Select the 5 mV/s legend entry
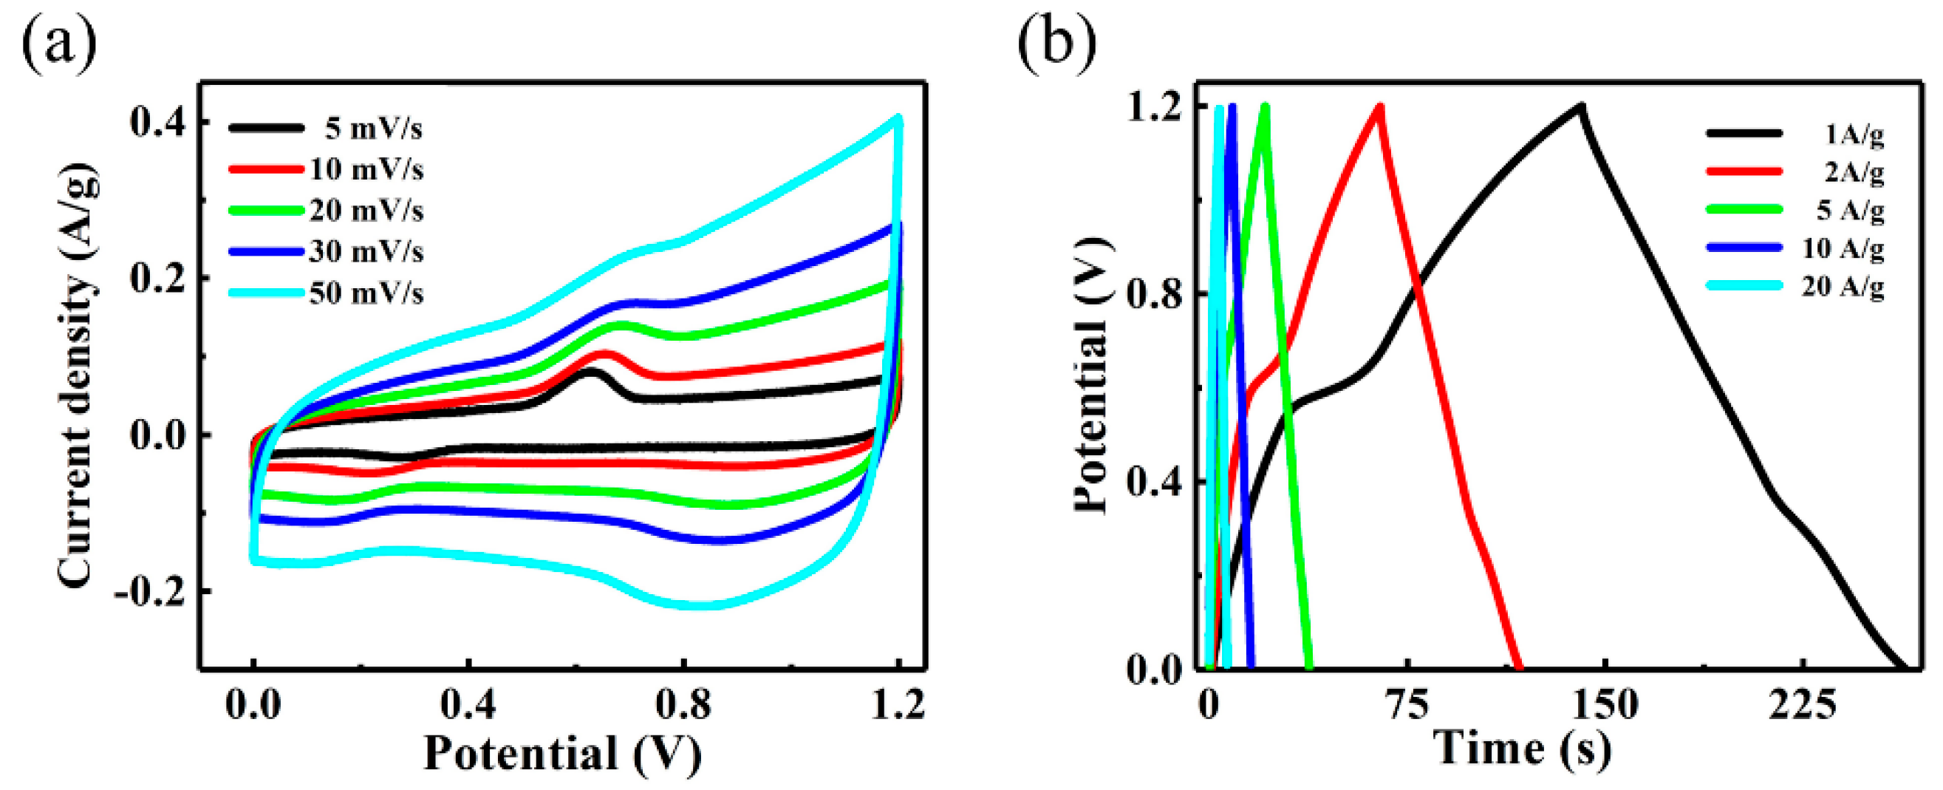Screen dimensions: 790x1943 tap(373, 129)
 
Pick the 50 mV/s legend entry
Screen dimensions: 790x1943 tap(366, 293)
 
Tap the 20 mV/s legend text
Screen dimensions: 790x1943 tap(366, 211)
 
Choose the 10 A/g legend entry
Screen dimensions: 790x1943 tap(1843, 248)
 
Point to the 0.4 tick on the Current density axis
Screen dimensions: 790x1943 tap(157, 122)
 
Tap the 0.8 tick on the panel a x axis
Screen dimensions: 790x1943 tap(683, 705)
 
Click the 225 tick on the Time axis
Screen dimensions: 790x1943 tap(1803, 705)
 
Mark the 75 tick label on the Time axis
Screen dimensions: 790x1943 tap(1407, 705)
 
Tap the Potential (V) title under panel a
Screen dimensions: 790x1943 tap(563, 753)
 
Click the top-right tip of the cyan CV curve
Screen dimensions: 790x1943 tap(898, 118)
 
